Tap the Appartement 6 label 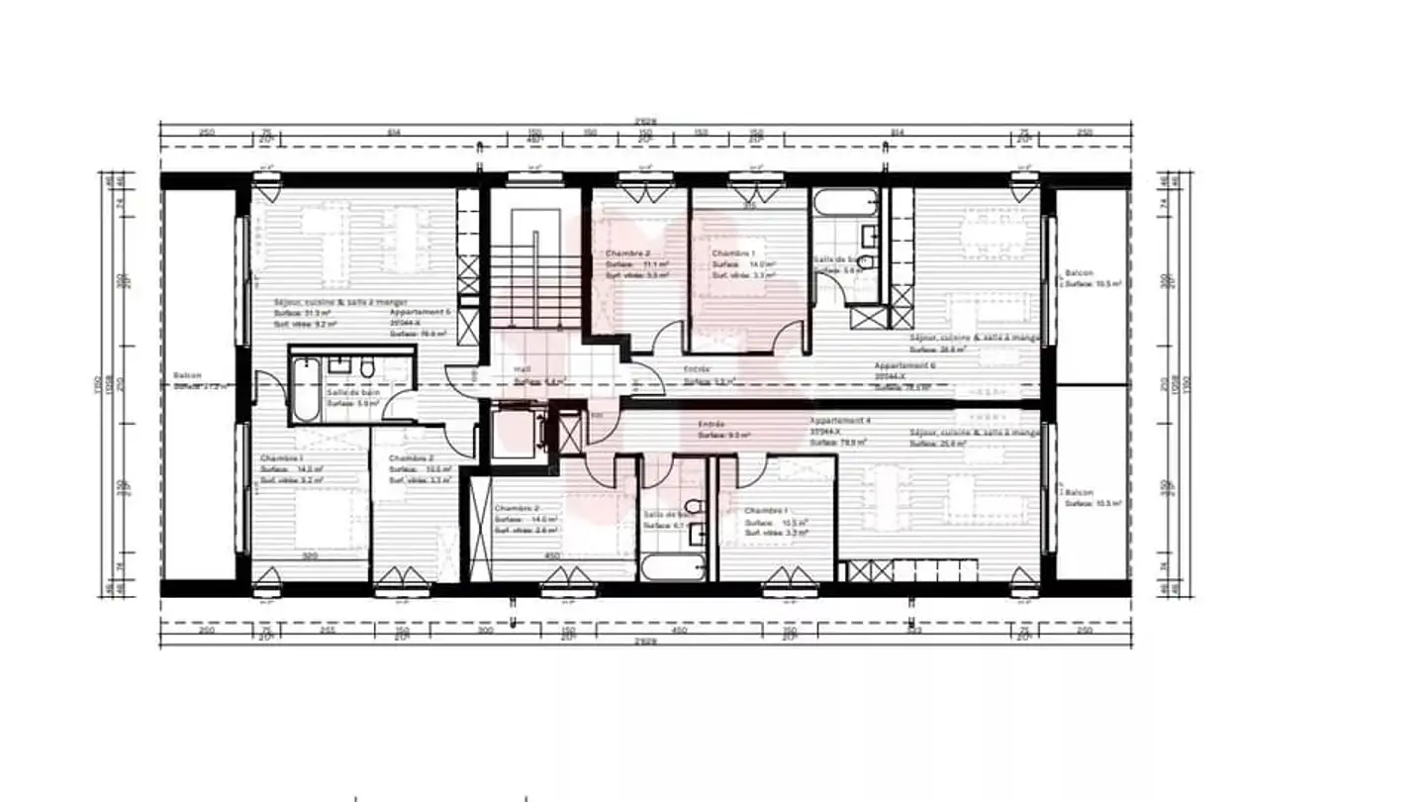[x=904, y=365]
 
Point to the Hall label [x=522, y=369]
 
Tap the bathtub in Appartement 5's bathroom [x=307, y=389]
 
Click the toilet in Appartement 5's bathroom [x=367, y=369]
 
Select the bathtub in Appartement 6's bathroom [x=844, y=205]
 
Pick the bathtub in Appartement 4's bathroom [x=673, y=567]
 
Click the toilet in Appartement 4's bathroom [x=694, y=507]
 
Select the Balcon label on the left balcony [x=186, y=375]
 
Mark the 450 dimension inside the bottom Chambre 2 [x=552, y=556]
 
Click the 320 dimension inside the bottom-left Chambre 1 [x=310, y=556]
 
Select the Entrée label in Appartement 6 [x=697, y=369]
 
